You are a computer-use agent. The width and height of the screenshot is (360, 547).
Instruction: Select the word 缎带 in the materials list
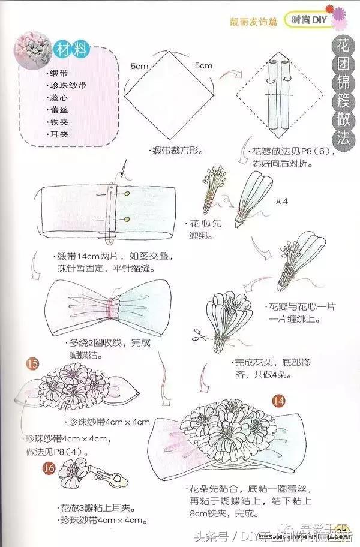pos(59,73)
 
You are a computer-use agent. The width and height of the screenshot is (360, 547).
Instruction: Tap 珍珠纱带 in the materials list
pos(67,85)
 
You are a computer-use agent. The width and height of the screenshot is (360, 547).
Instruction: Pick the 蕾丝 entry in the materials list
pos(59,110)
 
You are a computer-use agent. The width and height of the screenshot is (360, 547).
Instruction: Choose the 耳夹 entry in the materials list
pos(59,134)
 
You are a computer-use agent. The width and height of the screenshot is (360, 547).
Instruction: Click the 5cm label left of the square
pos(140,66)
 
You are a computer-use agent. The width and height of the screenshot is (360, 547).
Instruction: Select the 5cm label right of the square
pos(203,65)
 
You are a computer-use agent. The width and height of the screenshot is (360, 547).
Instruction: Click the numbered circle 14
pos(278,400)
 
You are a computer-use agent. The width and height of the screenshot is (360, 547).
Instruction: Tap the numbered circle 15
pos(33,363)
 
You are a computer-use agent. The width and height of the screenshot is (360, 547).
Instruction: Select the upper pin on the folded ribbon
pos(128,194)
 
